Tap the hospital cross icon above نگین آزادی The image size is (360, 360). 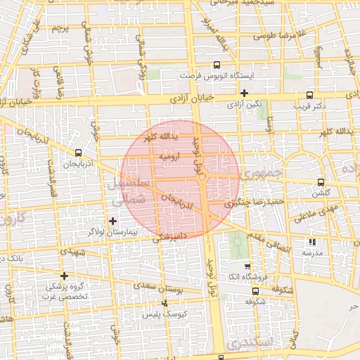click(x=244, y=93)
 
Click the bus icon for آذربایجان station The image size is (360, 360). click(x=78, y=152)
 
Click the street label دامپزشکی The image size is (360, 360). click(x=169, y=240)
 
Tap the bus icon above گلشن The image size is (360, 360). click(x=321, y=181)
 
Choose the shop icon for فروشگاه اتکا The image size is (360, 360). click(x=247, y=266)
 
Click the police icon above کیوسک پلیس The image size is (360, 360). click(x=165, y=304)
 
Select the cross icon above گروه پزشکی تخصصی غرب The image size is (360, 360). click(x=65, y=276)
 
